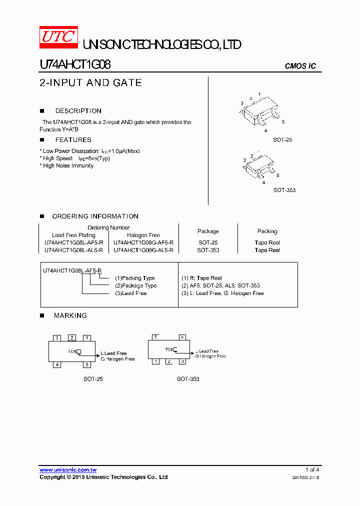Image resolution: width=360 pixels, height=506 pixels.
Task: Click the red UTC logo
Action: click(x=58, y=37)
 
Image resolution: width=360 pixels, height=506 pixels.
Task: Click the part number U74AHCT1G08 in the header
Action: click(x=75, y=65)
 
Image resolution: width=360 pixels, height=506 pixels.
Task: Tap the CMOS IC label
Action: click(x=300, y=66)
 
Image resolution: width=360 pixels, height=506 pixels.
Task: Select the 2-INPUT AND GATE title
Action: click(x=90, y=83)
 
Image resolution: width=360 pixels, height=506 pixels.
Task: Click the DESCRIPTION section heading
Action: click(x=78, y=111)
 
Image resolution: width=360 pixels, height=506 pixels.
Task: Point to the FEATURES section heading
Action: click(x=73, y=140)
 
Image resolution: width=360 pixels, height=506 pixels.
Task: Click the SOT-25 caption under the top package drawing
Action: click(x=282, y=140)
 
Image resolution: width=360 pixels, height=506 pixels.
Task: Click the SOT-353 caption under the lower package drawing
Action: click(x=284, y=190)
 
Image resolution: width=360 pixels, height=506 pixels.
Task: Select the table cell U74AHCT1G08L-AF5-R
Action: click(x=73, y=242)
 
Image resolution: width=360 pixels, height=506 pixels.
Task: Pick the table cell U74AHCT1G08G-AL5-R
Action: click(x=143, y=250)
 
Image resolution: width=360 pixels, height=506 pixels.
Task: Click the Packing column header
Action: click(x=267, y=231)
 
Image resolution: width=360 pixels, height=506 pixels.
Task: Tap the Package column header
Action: click(x=208, y=231)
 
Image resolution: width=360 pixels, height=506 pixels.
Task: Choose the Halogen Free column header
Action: click(x=143, y=235)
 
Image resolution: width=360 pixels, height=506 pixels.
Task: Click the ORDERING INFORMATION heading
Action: click(x=95, y=216)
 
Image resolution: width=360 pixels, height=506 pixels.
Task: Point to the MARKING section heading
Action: click(x=70, y=316)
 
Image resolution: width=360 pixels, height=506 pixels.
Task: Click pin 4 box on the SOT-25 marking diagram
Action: click(x=57, y=365)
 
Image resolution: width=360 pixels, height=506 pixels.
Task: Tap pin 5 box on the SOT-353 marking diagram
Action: click(x=155, y=337)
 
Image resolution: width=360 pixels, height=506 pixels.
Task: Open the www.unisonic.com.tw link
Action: click(x=68, y=470)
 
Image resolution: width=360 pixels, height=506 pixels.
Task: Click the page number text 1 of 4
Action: click(x=312, y=469)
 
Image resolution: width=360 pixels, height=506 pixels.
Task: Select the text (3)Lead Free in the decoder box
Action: click(x=130, y=293)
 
